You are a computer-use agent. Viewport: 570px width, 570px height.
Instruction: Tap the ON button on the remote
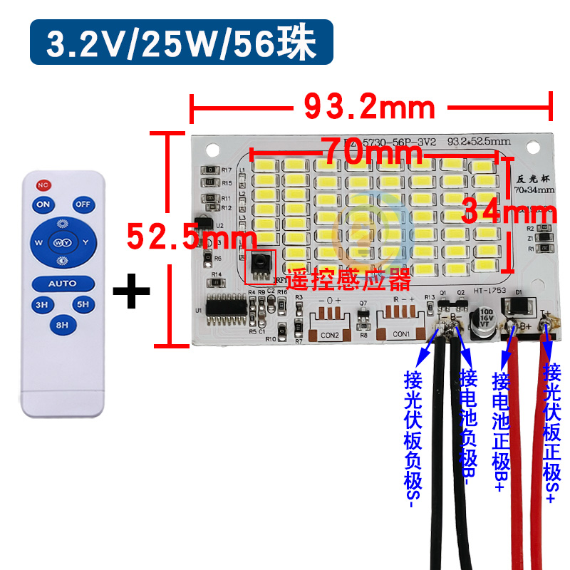tap(44, 204)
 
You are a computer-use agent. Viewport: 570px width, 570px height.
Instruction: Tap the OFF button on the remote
tap(84, 204)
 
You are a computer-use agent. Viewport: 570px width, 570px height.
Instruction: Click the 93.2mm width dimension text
tap(369, 108)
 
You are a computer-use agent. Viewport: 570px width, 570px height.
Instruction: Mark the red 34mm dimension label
tap(508, 212)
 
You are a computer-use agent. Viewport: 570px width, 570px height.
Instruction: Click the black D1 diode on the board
tap(518, 308)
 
